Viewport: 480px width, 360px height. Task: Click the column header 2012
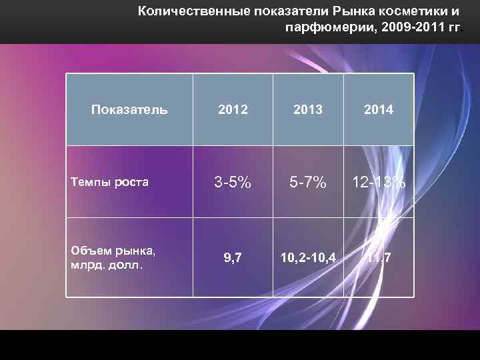(233, 109)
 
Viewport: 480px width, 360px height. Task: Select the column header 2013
(307, 109)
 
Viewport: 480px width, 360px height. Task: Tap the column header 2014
(378, 109)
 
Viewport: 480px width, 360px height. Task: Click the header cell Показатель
(129, 109)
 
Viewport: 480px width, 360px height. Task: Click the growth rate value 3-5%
(233, 181)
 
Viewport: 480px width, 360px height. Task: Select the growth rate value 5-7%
(307, 181)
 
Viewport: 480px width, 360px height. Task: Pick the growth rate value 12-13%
(378, 181)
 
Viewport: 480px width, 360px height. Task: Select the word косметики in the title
(407, 11)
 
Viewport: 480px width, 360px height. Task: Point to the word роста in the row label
(131, 181)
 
